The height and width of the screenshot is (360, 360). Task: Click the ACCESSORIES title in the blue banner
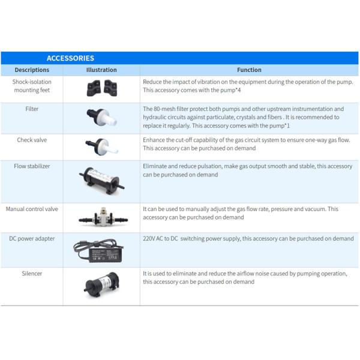click(x=70, y=58)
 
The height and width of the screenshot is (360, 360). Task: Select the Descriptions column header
click(x=32, y=70)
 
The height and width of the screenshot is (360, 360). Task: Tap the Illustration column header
click(x=101, y=70)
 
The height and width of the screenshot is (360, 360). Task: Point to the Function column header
click(x=249, y=70)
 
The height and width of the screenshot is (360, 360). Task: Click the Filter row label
click(x=32, y=109)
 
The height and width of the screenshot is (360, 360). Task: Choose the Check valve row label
click(x=32, y=140)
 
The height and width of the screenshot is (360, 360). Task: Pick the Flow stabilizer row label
click(x=32, y=166)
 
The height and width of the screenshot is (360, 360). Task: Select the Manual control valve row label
click(x=32, y=209)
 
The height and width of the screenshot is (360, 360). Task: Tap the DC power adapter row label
click(x=32, y=239)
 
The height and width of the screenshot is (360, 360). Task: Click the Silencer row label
click(x=32, y=274)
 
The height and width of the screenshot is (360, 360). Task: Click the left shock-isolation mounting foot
click(x=94, y=88)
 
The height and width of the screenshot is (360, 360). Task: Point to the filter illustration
click(x=101, y=117)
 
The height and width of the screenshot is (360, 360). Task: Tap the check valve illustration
click(x=101, y=147)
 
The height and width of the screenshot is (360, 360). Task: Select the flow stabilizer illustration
click(x=102, y=181)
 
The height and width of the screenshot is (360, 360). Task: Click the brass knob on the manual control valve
click(x=103, y=210)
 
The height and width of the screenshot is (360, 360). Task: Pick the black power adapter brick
click(x=106, y=255)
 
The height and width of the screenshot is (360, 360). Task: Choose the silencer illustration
click(x=102, y=284)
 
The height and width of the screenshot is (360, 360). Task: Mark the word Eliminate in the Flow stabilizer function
click(x=155, y=166)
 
